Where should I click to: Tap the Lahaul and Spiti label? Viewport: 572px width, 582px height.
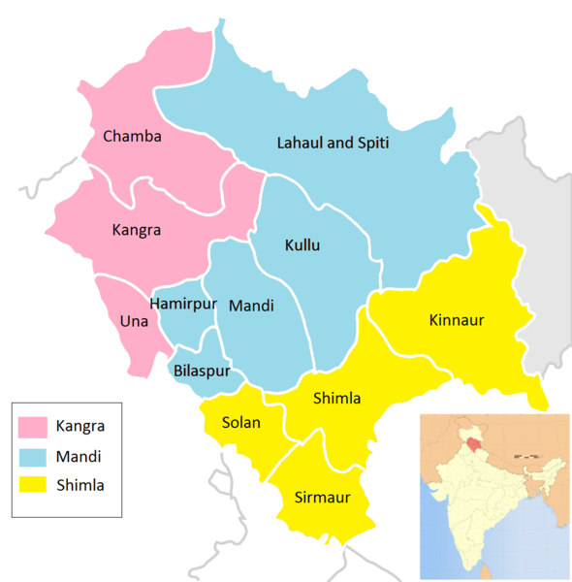(x=333, y=143)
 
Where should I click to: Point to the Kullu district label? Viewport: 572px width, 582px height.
(x=302, y=244)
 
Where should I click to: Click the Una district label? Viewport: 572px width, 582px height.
(x=132, y=320)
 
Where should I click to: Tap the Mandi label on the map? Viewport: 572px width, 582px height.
(x=251, y=306)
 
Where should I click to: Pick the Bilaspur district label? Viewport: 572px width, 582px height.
(x=202, y=371)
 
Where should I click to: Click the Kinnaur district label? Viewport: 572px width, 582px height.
(x=456, y=319)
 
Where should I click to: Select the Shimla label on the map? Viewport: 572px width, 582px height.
(x=337, y=398)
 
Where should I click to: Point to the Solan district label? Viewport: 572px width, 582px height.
(x=240, y=423)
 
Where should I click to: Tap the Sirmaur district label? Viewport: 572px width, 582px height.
(x=321, y=499)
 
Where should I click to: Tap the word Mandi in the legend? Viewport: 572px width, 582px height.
(x=79, y=455)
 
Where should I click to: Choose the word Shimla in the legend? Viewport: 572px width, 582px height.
(x=79, y=484)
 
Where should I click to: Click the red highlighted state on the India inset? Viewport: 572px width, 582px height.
(x=473, y=443)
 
